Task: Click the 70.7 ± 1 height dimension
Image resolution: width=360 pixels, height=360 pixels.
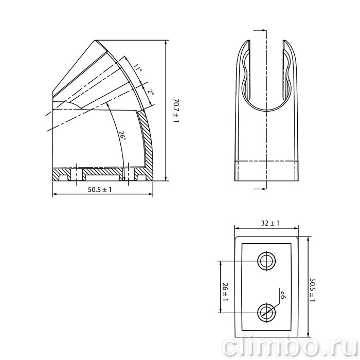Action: pyautogui.click(x=176, y=111)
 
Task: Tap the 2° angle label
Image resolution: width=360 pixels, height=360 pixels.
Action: pyautogui.click(x=150, y=92)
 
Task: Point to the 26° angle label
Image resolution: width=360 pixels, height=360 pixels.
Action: pyautogui.click(x=122, y=135)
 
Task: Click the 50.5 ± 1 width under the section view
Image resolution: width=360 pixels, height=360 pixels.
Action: pyautogui.click(x=100, y=189)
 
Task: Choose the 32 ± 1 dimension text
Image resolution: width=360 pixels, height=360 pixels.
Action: pyautogui.click(x=270, y=223)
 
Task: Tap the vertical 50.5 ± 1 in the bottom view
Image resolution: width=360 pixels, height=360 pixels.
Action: pyautogui.click(x=313, y=290)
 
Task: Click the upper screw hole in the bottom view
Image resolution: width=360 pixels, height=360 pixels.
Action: pyautogui.click(x=266, y=261)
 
